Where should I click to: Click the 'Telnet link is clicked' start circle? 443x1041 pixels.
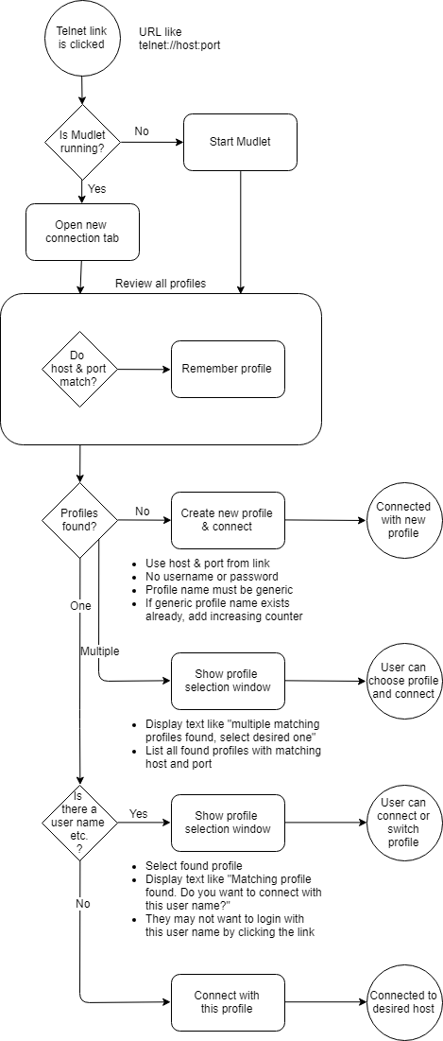pyautogui.click(x=81, y=39)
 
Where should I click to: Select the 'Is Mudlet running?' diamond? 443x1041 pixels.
pyautogui.click(x=82, y=142)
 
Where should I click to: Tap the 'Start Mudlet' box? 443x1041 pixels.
pyautogui.click(x=240, y=142)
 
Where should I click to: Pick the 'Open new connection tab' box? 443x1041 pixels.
pyautogui.click(x=82, y=231)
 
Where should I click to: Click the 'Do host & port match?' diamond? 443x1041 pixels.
pyautogui.click(x=79, y=369)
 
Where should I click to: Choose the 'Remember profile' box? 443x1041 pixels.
pyautogui.click(x=229, y=369)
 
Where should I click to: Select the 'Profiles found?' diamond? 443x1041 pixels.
pyautogui.click(x=79, y=520)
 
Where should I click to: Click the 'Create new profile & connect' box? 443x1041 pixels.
pyautogui.click(x=228, y=520)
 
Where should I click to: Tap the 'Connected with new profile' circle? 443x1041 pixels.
pyautogui.click(x=404, y=520)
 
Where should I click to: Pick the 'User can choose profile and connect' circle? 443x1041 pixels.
pyautogui.click(x=404, y=681)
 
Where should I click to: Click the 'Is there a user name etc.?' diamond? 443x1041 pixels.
pyautogui.click(x=79, y=823)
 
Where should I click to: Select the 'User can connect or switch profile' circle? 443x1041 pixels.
pyautogui.click(x=404, y=823)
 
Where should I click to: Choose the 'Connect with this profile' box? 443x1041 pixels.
pyautogui.click(x=228, y=1002)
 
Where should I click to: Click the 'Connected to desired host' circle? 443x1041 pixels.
pyautogui.click(x=404, y=1002)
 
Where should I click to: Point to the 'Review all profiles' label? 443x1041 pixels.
pyautogui.click(x=161, y=284)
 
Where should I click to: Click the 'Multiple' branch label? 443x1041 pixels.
pyautogui.click(x=100, y=651)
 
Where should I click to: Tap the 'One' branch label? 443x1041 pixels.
pyautogui.click(x=81, y=605)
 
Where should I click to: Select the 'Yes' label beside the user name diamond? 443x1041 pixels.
pyautogui.click(x=139, y=813)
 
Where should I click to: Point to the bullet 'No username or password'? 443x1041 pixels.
pyautogui.click(x=201, y=576)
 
